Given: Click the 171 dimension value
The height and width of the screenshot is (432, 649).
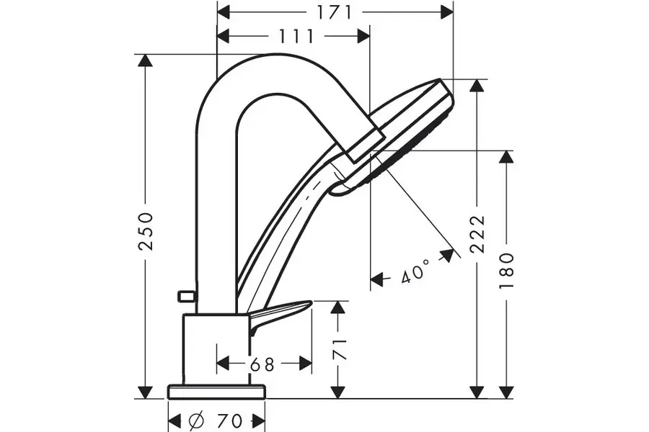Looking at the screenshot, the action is click(335, 12).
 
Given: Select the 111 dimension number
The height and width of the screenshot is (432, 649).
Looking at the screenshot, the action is click(296, 37).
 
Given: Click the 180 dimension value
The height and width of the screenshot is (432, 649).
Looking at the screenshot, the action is click(506, 271).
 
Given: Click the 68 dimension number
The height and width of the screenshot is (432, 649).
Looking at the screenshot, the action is click(262, 364).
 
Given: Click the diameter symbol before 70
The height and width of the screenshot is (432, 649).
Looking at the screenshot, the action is click(196, 420).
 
